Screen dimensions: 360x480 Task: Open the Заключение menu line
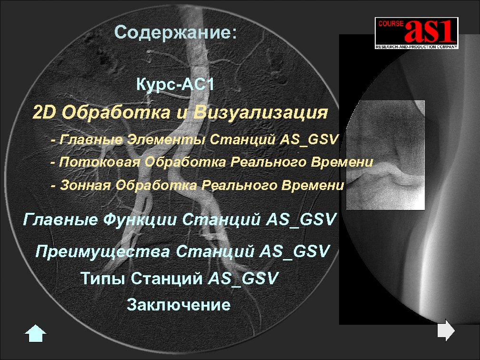(x=179, y=305)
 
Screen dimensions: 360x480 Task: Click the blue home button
(x=35, y=334)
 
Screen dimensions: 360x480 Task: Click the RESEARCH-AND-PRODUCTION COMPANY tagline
(x=416, y=47)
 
